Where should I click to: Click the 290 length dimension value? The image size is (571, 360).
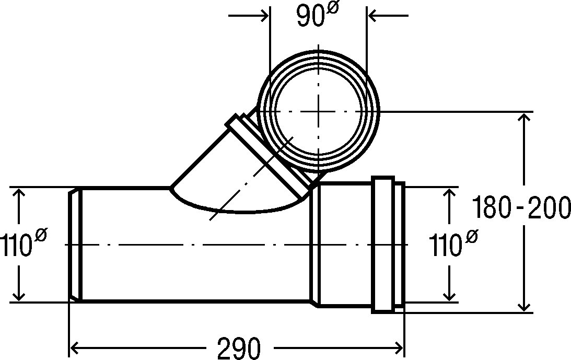coord(239,348)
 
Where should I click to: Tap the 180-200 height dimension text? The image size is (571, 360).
coord(521,208)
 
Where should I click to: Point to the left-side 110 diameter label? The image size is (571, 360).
coord(24,244)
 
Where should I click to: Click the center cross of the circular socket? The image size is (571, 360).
coord(319,111)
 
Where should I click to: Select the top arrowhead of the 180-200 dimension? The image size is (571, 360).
coord(524,118)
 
